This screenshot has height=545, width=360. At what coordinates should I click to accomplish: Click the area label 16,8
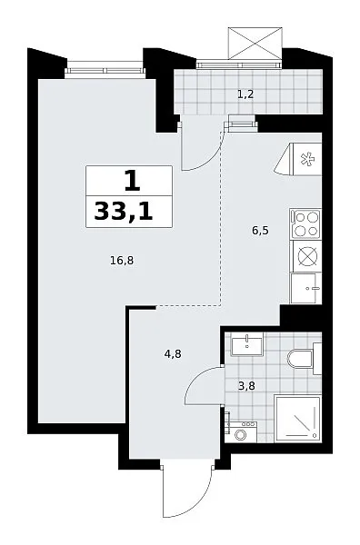click(x=122, y=261)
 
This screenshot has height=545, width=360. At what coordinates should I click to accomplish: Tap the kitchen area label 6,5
click(x=261, y=231)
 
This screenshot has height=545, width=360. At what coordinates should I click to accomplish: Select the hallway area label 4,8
click(x=173, y=354)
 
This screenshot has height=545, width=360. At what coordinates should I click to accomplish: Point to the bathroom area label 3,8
click(x=246, y=386)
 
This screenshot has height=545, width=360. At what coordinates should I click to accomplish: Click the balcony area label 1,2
click(x=245, y=94)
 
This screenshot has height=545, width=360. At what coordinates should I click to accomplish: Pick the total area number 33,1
click(x=124, y=212)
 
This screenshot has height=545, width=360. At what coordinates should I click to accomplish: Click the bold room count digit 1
click(x=133, y=182)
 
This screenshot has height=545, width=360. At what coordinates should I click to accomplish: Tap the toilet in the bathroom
click(x=304, y=359)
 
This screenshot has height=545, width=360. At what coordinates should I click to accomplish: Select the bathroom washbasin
click(x=247, y=344)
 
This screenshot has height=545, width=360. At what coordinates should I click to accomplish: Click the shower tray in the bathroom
click(x=297, y=419)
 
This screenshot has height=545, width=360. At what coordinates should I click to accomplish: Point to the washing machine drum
click(x=240, y=435)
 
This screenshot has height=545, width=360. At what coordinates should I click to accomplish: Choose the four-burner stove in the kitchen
click(x=306, y=223)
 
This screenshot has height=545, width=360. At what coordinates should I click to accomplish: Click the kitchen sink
click(x=306, y=288)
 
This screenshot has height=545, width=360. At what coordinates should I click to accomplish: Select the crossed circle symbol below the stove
click(x=308, y=256)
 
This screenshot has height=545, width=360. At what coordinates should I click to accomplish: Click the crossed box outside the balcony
click(x=255, y=43)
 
